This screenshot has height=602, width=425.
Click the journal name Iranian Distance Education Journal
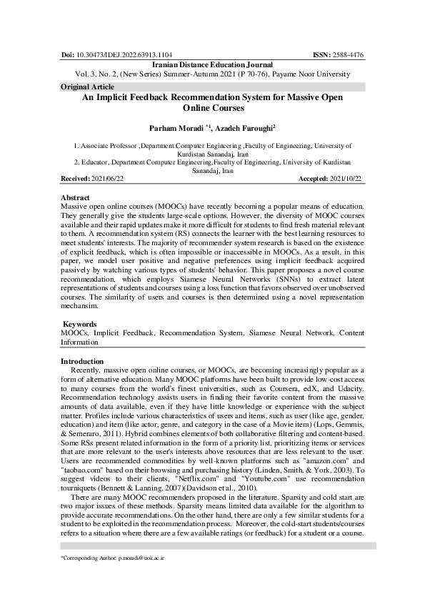[x=212, y=64]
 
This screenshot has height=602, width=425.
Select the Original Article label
[x=83, y=87]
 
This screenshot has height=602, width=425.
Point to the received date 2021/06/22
[x=104, y=179]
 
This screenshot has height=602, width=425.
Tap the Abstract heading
[x=75, y=197]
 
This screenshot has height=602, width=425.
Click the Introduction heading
[x=82, y=361]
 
